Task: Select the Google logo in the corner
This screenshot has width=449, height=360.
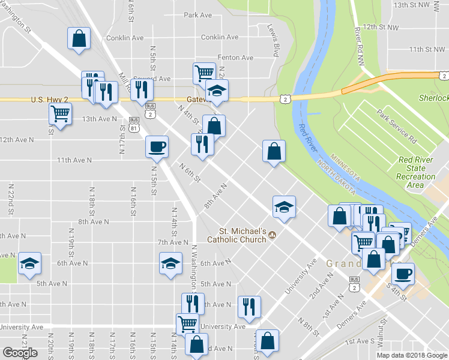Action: [x=20, y=353]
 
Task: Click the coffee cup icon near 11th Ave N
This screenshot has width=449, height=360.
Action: [x=157, y=146]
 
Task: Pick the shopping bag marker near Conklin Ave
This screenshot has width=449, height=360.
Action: [x=79, y=38]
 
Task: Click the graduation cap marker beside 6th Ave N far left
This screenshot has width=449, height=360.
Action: [x=29, y=263]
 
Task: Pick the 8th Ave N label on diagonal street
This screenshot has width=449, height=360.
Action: [x=215, y=196]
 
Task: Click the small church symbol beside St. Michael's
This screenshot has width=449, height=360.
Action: [x=273, y=235]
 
